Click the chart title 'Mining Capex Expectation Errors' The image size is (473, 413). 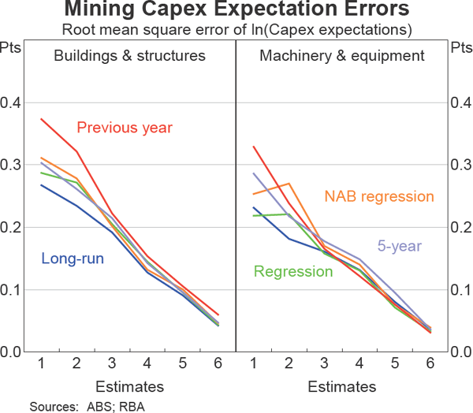pyautogui.click(x=236, y=11)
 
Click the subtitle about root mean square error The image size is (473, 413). pyautogui.click(x=236, y=31)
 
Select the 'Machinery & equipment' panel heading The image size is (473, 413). pyautogui.click(x=341, y=56)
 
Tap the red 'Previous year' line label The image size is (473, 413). pyautogui.click(x=124, y=128)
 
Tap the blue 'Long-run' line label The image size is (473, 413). pyautogui.click(x=72, y=259)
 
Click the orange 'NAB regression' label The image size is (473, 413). pyautogui.click(x=378, y=197)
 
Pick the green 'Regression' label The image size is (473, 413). pyautogui.click(x=292, y=272)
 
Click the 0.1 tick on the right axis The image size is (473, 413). pyautogui.click(x=460, y=289)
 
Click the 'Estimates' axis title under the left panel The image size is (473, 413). pyautogui.click(x=130, y=386)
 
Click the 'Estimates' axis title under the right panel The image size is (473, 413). pyautogui.click(x=341, y=386)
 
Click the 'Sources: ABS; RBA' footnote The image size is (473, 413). pyautogui.click(x=88, y=406)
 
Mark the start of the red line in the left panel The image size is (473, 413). pyautogui.click(x=40, y=119)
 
